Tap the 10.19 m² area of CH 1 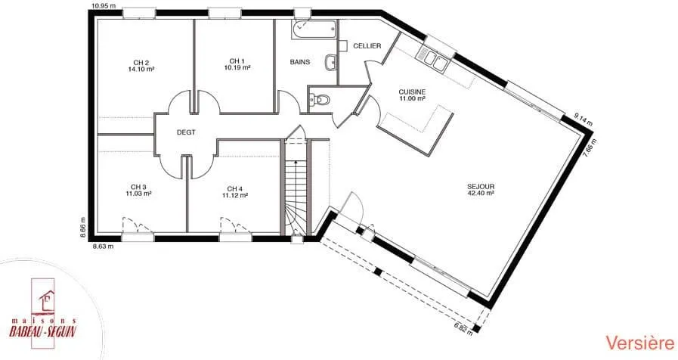coord(237,67)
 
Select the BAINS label coord(300,62)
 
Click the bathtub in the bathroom coord(314,29)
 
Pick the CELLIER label coord(367,46)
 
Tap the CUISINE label coord(412,92)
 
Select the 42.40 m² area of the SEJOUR coord(481,194)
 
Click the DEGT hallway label coord(186,132)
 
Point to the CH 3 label coord(138,187)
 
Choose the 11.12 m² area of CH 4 coord(235,195)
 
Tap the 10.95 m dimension coord(104,5)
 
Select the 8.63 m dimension coord(104,247)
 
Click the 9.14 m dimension coord(584,118)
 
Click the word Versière coord(639,343)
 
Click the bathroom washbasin coord(330,63)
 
